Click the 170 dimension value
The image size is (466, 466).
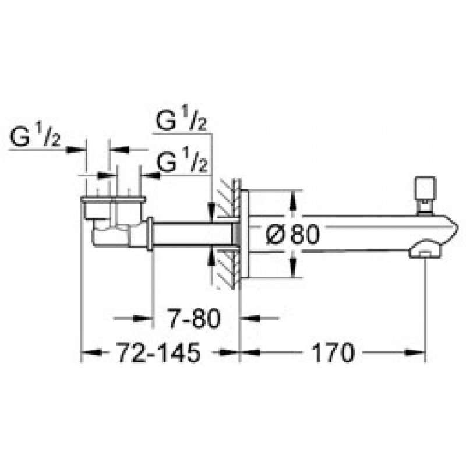tap(333, 352)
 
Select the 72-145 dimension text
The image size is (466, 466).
tap(159, 352)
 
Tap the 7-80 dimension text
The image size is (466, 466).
tap(194, 318)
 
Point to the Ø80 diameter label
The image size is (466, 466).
tap(292, 234)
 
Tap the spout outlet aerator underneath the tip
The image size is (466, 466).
tap(426, 250)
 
